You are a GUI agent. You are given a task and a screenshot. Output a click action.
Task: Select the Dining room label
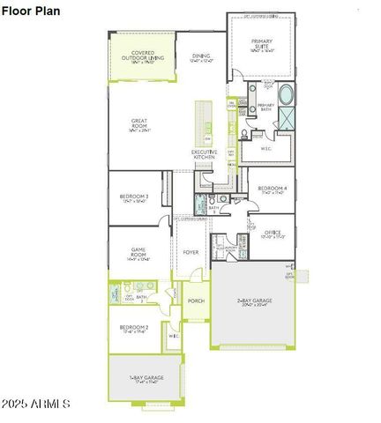pyautogui.click(x=202, y=58)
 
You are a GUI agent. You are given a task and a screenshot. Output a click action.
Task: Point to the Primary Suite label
pyautogui.click(x=262, y=47)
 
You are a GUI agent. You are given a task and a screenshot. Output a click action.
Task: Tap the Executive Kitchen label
pyautogui.click(x=205, y=155)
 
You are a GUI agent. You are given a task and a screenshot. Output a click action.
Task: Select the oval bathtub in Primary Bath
pyautogui.click(x=288, y=93)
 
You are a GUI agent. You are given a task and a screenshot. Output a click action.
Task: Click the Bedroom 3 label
pyautogui.click(x=135, y=198)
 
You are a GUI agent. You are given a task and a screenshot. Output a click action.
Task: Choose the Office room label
pyautogui.click(x=273, y=234)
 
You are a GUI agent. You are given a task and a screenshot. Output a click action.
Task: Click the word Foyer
pyautogui.click(x=190, y=252)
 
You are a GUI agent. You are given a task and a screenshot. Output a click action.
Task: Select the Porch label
pyautogui.click(x=196, y=301)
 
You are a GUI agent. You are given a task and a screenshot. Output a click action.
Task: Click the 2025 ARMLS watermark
pyautogui.click(x=36, y=403)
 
